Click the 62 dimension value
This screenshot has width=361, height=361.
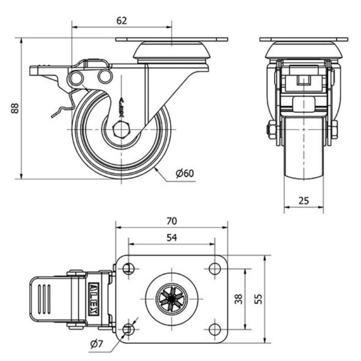122,21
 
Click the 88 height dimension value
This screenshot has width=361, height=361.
15,108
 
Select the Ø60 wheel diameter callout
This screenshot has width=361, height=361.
185,173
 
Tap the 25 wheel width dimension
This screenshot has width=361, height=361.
303,201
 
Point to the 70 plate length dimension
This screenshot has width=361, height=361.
172,221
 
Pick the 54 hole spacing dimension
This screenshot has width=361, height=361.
172,237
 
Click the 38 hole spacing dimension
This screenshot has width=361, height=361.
239,299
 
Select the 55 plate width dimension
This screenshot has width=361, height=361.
259,299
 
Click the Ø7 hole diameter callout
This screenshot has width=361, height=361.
96,344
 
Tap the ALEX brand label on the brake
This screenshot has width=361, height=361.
94,299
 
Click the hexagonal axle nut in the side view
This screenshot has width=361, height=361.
122,129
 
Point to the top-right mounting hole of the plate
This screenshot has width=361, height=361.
215,269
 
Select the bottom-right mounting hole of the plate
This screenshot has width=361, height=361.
215,330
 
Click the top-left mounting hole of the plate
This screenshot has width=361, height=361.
129,269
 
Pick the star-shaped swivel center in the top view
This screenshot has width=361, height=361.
172,299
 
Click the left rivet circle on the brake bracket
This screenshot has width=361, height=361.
76,78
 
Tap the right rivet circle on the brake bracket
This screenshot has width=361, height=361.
105,77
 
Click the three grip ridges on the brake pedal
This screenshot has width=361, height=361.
44,299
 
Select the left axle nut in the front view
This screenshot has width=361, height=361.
272,129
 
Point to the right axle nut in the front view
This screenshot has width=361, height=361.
334,129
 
